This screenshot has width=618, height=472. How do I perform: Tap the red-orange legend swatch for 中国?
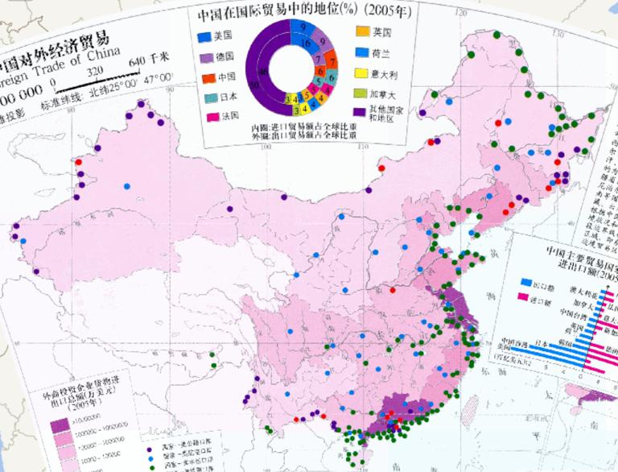(208, 78)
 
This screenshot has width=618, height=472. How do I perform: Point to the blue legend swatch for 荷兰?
(361, 53)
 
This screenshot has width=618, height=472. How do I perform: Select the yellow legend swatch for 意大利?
(361, 73)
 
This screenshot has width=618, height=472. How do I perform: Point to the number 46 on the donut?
(263, 73)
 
